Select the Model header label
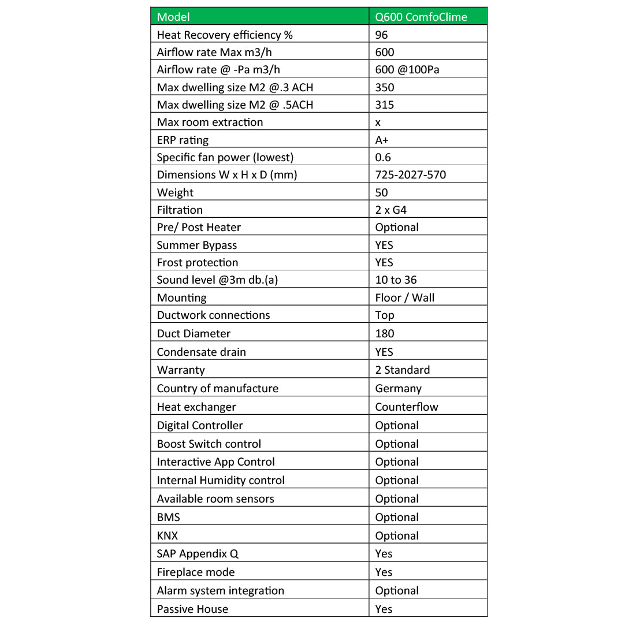tap(173, 17)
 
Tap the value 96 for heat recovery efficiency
tap(381, 35)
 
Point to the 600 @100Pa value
tap(407, 69)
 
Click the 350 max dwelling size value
tap(385, 87)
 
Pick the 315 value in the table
tap(385, 105)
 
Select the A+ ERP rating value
tap(382, 140)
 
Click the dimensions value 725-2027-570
tap(410, 174)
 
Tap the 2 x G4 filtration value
tap(391, 210)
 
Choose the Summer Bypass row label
tap(197, 245)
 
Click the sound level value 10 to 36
tap(396, 280)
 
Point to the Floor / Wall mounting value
tap(405, 297)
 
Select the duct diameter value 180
tap(385, 333)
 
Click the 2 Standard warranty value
tap(403, 370)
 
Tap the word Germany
tap(399, 388)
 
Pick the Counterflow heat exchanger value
tap(407, 407)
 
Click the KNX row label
tap(168, 535)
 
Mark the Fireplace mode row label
tap(196, 572)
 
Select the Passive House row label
tap(192, 609)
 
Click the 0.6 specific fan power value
tap(383, 157)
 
